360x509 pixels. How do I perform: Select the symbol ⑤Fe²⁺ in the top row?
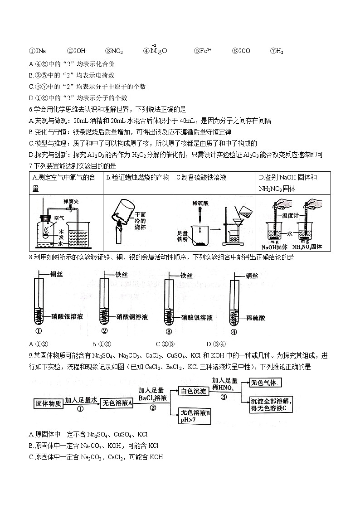[x=203, y=51]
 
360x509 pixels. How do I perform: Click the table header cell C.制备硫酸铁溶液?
[x=201, y=178]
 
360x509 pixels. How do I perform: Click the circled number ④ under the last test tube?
[x=234, y=331]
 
